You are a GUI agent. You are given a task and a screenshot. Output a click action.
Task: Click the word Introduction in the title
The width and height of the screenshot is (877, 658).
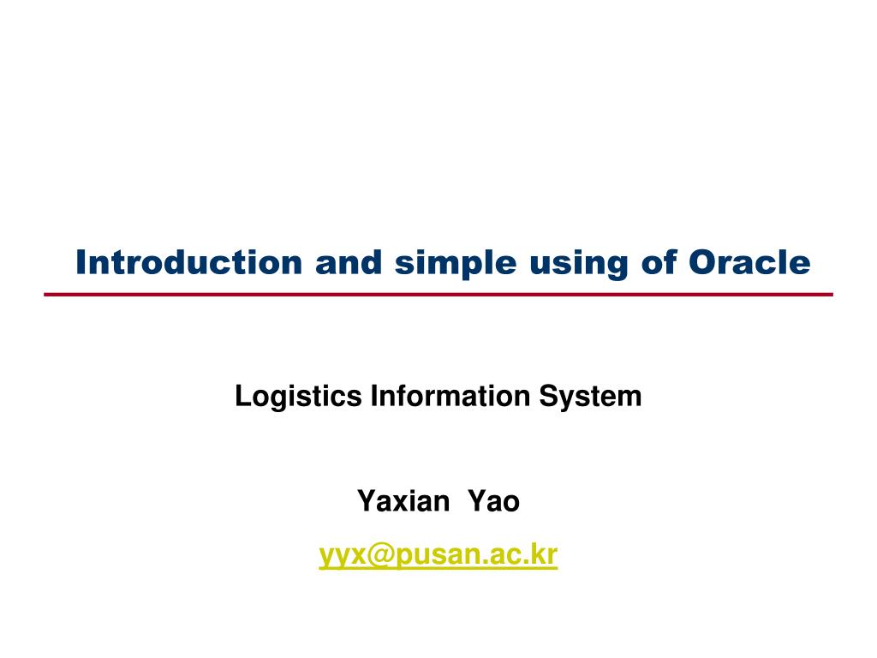(x=189, y=262)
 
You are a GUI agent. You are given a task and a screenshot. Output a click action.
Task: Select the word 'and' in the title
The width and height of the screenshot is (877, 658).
(x=349, y=262)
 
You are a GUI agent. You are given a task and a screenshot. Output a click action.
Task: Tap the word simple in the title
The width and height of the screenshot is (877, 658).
(x=456, y=264)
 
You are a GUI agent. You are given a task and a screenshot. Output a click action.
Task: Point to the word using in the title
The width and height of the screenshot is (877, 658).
(x=579, y=264)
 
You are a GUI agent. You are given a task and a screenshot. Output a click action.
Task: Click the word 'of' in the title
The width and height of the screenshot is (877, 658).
(x=659, y=262)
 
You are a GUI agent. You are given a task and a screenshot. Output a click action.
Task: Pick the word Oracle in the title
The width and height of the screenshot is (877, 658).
(x=749, y=262)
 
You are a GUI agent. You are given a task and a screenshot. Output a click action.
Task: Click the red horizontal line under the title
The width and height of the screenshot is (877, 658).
(x=438, y=295)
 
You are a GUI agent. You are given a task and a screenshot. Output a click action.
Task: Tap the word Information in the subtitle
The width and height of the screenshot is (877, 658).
(x=450, y=396)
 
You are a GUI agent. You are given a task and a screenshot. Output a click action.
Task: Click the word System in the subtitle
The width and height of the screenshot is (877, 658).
(x=590, y=398)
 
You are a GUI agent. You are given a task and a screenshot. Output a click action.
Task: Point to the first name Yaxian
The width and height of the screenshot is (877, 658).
(x=403, y=500)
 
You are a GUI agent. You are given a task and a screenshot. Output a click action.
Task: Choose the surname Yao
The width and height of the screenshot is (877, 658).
(x=494, y=500)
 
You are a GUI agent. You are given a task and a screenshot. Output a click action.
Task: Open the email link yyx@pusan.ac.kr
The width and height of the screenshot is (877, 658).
(x=438, y=555)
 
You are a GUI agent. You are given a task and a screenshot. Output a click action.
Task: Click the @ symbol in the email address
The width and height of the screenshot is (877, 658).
(x=380, y=555)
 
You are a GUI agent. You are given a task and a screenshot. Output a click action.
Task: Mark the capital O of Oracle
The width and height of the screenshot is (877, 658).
(x=703, y=262)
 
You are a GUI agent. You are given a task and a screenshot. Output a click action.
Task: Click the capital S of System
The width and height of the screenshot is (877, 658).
(x=549, y=396)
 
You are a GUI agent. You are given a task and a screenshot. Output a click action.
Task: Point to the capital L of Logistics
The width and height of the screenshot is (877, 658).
(x=243, y=396)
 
